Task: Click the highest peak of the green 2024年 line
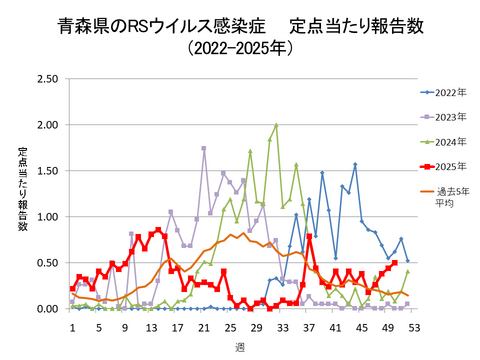point(276,126)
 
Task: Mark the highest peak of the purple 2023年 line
point(204,148)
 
